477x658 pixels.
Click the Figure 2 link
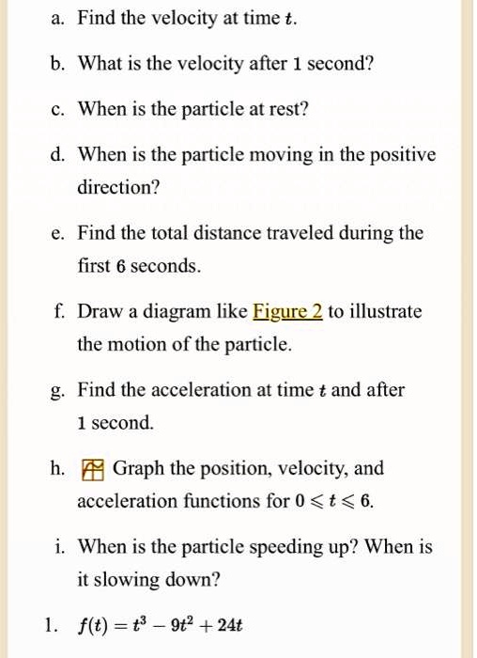[x=287, y=311]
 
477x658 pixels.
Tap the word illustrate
[x=386, y=311]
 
